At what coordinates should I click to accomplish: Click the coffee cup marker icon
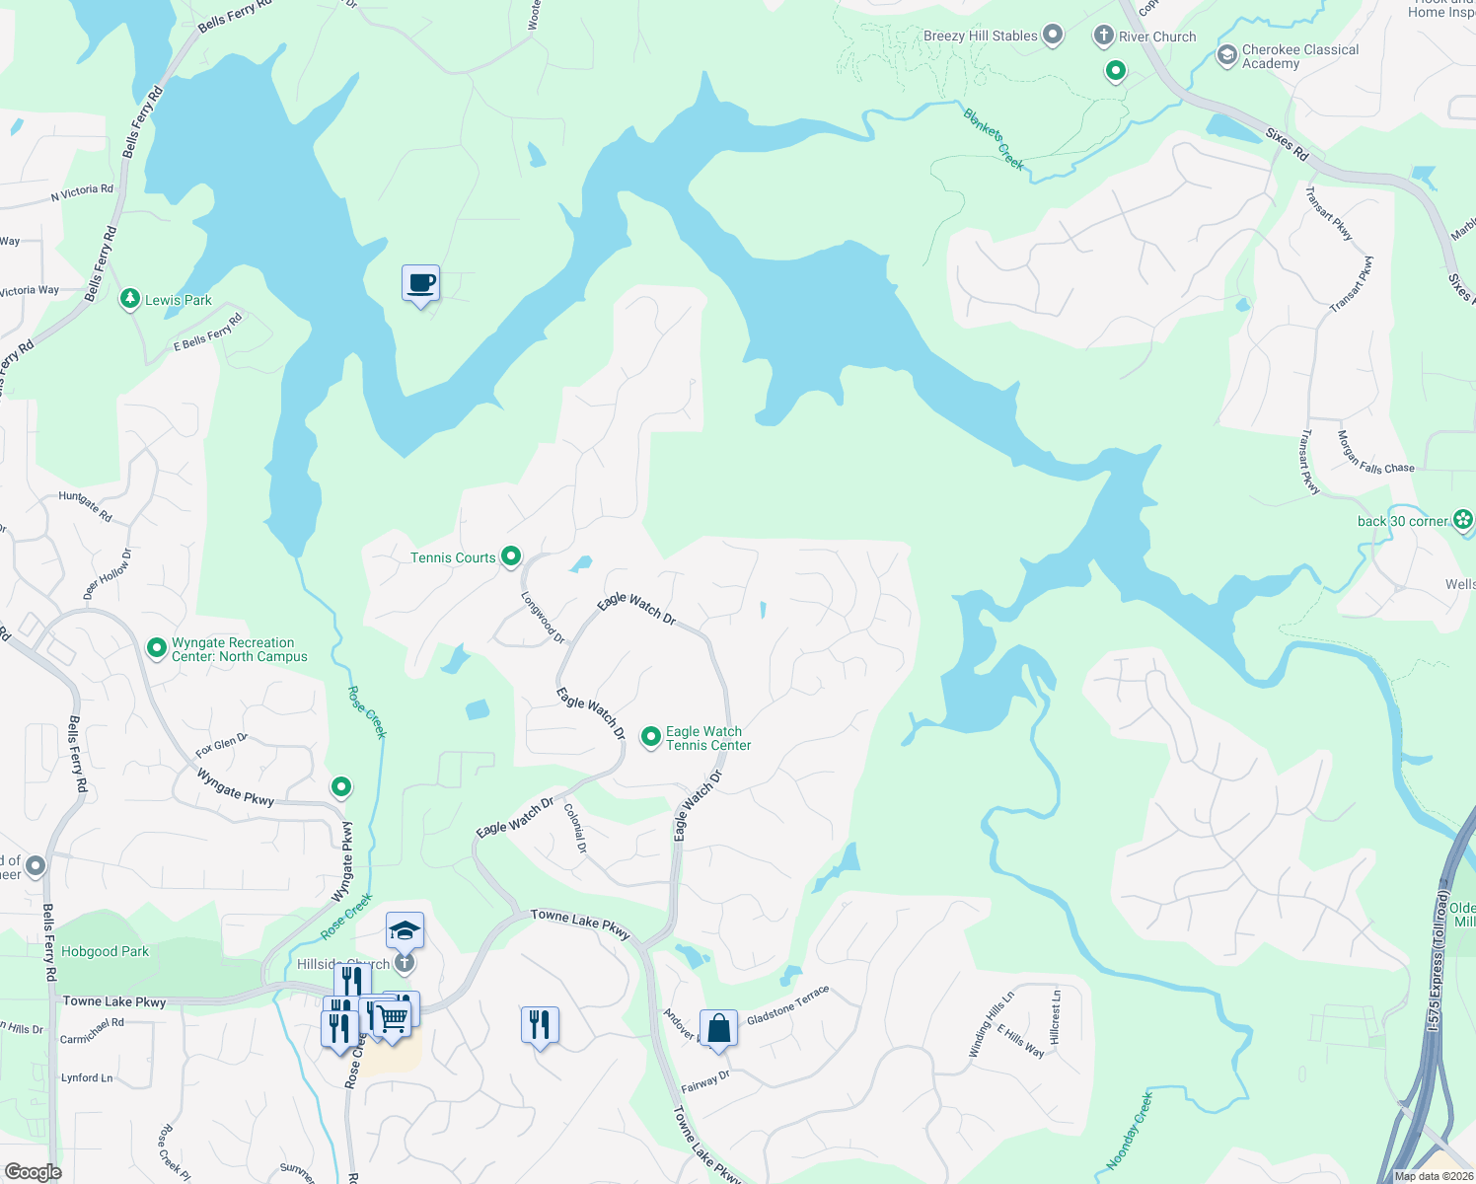(x=420, y=283)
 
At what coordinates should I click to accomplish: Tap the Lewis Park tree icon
(x=129, y=299)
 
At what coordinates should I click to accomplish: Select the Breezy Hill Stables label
(x=980, y=37)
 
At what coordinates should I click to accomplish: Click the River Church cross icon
(x=1103, y=37)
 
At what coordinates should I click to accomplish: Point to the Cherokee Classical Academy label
(x=1299, y=56)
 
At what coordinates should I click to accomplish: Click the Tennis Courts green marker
(x=511, y=557)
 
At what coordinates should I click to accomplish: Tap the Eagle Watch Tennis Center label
(x=707, y=738)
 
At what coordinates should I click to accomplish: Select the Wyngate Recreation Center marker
(x=156, y=648)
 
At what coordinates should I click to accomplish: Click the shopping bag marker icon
(x=719, y=1028)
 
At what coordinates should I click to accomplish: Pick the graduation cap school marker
(x=404, y=930)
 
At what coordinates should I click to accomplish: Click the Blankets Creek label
(x=994, y=139)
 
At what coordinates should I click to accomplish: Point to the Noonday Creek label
(x=1130, y=1131)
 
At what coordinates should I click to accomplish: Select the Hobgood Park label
(x=105, y=952)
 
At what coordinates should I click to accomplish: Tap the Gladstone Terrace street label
(x=787, y=1005)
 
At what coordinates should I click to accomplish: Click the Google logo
(x=33, y=1171)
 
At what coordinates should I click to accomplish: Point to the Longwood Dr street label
(x=543, y=618)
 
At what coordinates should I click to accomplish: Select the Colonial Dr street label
(x=575, y=828)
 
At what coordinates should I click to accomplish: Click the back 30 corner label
(x=1402, y=521)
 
